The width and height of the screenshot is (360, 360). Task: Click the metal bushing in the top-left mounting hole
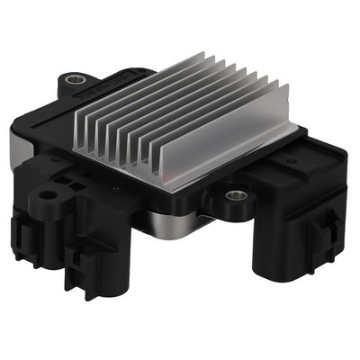point(71,79)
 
